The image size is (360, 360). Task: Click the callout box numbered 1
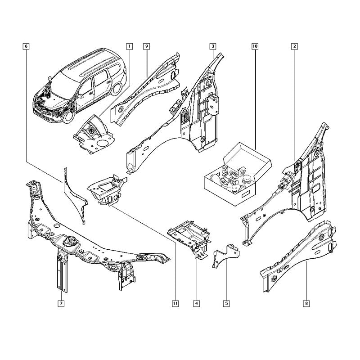[x=130, y=46]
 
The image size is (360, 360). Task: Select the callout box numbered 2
[x=294, y=46]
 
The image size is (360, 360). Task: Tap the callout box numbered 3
[x=213, y=46]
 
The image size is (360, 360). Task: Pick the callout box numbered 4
[x=197, y=303]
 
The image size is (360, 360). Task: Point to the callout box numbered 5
[x=226, y=303]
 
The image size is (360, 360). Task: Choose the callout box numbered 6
[x=26, y=46]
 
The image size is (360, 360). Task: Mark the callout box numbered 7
[x=61, y=303]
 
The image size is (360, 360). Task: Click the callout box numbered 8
[x=306, y=303]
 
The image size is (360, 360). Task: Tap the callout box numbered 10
[x=255, y=46]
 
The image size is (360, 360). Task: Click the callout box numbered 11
[x=175, y=303]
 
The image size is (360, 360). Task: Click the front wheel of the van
[x=69, y=116]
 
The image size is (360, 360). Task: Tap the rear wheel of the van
[x=117, y=89]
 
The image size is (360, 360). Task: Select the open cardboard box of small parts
[x=238, y=174]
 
